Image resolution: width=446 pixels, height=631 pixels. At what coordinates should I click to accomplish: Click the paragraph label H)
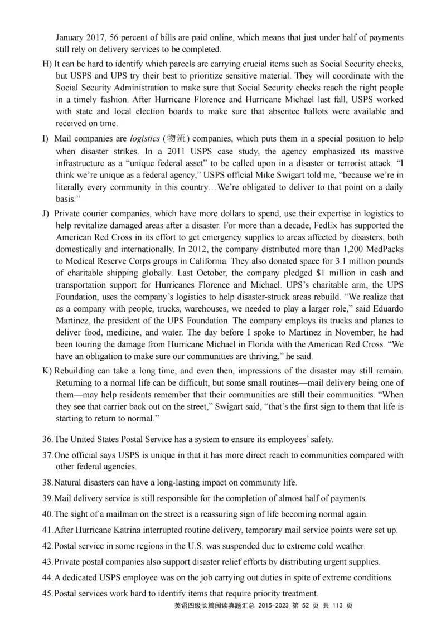pyautogui.click(x=47, y=64)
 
